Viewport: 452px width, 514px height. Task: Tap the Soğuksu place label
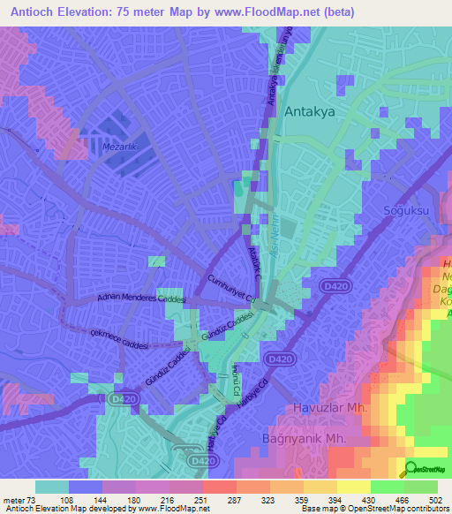(403, 210)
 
